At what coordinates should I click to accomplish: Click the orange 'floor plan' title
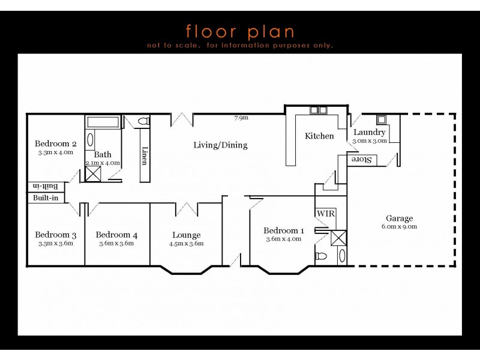240,31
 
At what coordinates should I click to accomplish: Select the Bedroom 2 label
55,143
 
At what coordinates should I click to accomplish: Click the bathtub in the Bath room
103,122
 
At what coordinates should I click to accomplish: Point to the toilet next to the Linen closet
143,122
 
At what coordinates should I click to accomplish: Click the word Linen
145,155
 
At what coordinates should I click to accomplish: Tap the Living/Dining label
220,145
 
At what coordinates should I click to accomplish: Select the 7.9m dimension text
241,118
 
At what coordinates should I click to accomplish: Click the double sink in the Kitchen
318,110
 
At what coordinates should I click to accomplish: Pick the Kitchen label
319,136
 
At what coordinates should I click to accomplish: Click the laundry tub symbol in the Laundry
381,119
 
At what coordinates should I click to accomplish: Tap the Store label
360,160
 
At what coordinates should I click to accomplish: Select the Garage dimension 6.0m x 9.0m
399,227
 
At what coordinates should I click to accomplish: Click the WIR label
325,213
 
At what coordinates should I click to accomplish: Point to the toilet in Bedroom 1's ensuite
322,256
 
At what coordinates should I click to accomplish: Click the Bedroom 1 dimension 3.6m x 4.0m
283,239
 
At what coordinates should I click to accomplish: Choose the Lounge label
186,235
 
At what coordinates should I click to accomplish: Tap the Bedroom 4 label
116,235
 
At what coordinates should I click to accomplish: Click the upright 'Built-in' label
46,198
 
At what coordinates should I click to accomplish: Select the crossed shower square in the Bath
93,174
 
